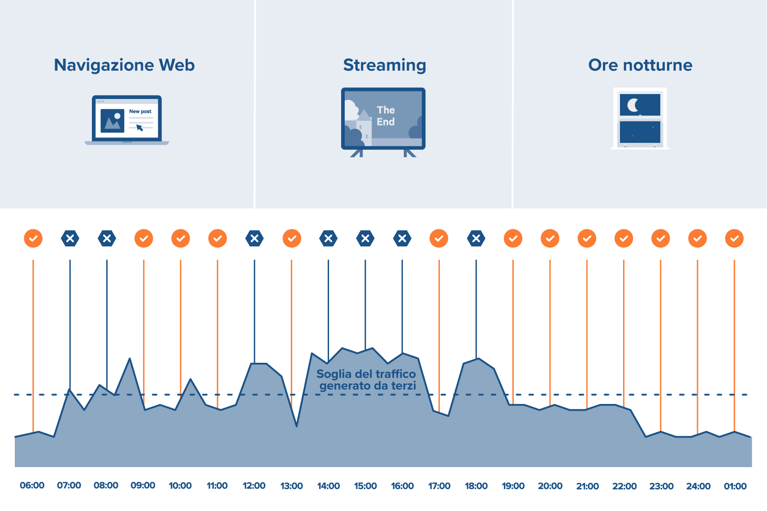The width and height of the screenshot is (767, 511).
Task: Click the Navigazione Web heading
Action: pyautogui.click(x=124, y=65)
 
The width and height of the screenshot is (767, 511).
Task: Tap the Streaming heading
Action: pyautogui.click(x=384, y=65)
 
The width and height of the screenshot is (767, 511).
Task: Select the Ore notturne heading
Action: pyautogui.click(x=640, y=65)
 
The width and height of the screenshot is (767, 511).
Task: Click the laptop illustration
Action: pyautogui.click(x=127, y=120)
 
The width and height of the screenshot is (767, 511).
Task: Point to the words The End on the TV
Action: pyautogui.click(x=386, y=116)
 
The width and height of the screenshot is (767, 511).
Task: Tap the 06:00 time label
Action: pyautogui.click(x=32, y=486)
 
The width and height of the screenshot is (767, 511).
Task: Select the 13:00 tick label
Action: pyautogui.click(x=291, y=486)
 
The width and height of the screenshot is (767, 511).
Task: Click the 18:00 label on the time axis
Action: pyautogui.click(x=476, y=486)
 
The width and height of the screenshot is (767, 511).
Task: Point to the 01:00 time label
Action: pyautogui.click(x=735, y=486)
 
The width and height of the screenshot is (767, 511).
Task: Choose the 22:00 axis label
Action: pyautogui.click(x=624, y=486)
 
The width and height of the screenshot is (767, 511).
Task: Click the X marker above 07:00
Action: pyautogui.click(x=70, y=238)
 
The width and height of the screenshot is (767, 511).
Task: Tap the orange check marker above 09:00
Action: pyautogui.click(x=144, y=238)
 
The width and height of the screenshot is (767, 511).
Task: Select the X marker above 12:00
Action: pyautogui.click(x=255, y=238)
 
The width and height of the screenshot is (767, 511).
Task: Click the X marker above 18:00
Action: pyautogui.click(x=476, y=238)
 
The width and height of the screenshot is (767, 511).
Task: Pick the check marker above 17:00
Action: pyautogui.click(x=439, y=238)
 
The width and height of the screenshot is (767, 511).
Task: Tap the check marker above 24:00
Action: pyautogui.click(x=698, y=238)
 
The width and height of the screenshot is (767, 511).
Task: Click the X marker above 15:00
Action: pyautogui.click(x=365, y=238)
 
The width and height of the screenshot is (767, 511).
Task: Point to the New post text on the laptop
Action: pyautogui.click(x=140, y=112)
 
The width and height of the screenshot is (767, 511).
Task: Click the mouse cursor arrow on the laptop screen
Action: pyautogui.click(x=139, y=128)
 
